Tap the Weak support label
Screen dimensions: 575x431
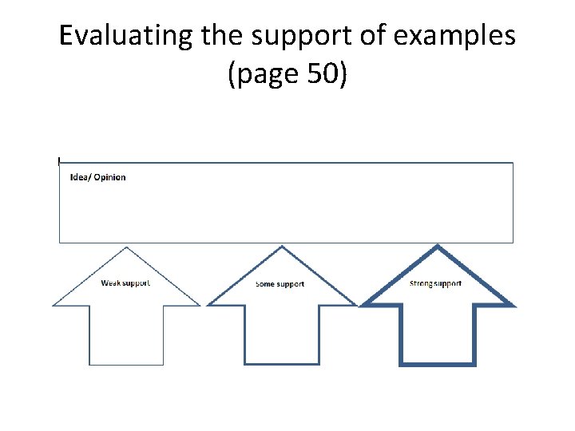[x=125, y=283]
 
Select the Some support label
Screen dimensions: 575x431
[x=280, y=284]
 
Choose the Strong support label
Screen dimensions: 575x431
[x=435, y=283]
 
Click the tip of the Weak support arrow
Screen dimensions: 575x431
[x=126, y=248]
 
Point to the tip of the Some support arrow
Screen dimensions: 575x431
[x=281, y=247]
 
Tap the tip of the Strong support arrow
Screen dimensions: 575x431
[x=437, y=247]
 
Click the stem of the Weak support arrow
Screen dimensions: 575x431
[x=126, y=335]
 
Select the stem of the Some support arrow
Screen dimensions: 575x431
[x=281, y=335]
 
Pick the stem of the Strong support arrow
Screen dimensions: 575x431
[x=437, y=335]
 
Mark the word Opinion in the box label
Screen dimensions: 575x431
[x=110, y=177]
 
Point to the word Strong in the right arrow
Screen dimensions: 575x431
[x=421, y=283]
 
